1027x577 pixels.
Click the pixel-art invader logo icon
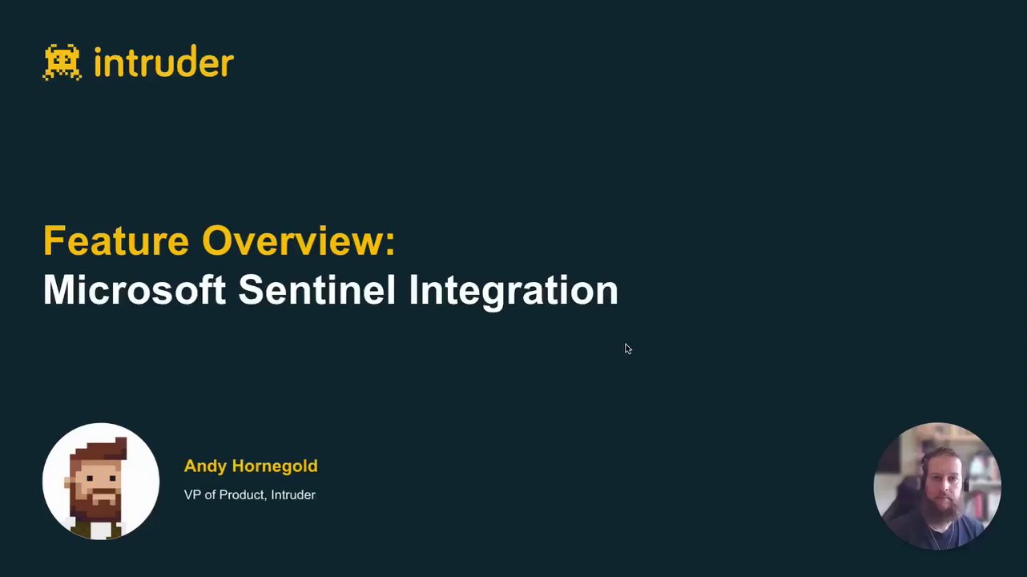62,63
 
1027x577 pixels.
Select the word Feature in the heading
116,240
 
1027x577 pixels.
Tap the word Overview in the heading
293,240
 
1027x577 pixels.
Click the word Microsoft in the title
135,289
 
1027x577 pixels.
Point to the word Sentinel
316,289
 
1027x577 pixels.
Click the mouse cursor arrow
628,349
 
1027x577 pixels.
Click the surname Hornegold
275,466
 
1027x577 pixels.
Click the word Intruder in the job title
293,495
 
